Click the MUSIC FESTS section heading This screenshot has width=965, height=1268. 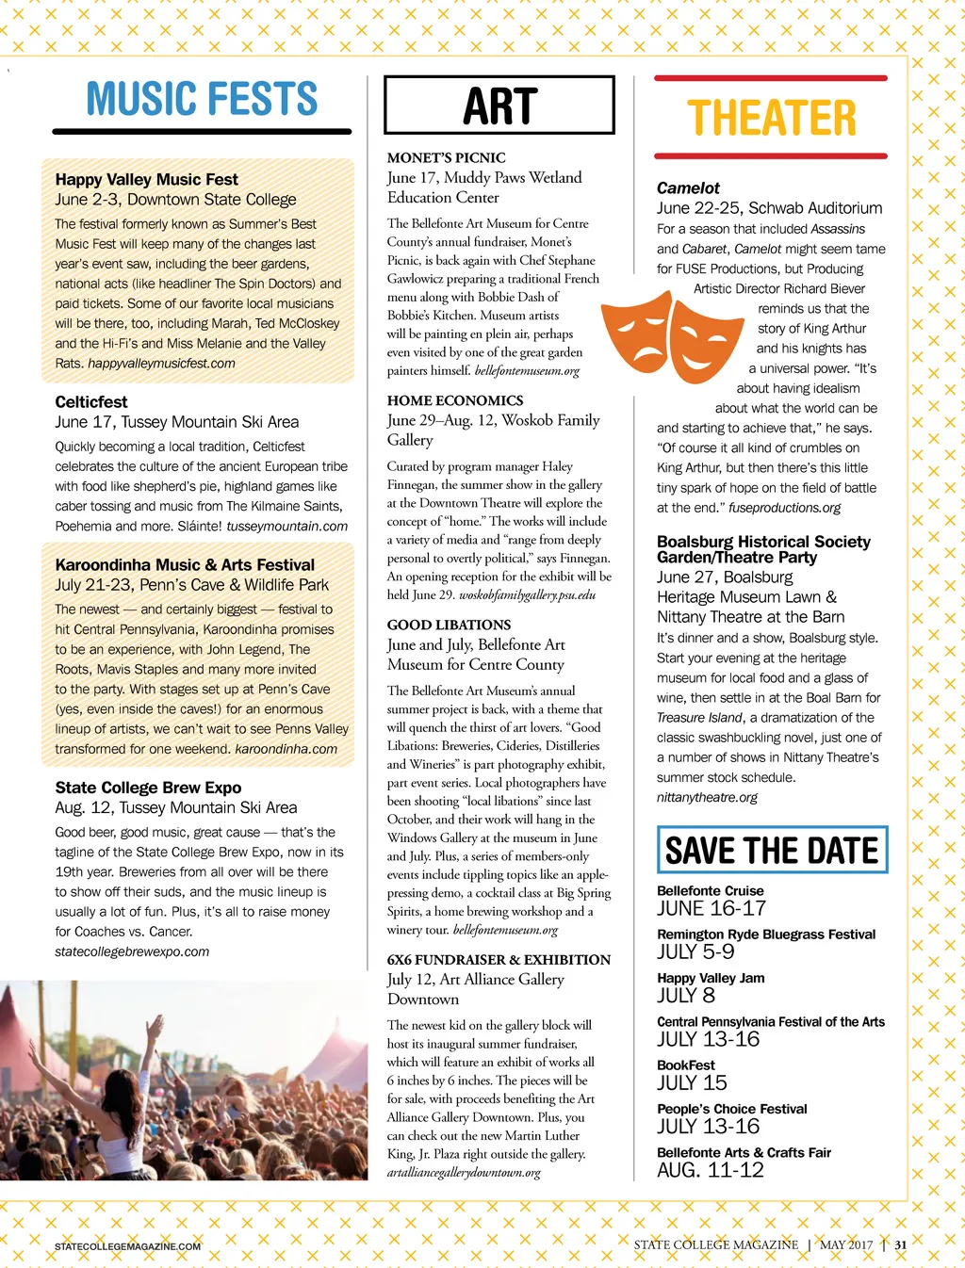coord(202,99)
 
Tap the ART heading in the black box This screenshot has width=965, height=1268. coord(499,106)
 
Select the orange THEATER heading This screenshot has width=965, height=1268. coord(771,119)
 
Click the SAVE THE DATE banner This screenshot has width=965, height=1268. coord(772,850)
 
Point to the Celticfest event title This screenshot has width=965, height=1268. coord(91,401)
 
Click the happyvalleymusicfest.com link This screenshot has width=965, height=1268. coord(161,363)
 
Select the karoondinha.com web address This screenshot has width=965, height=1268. coord(286,749)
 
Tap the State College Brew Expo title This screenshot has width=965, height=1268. coord(148,788)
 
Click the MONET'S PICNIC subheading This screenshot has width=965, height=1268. coord(446,157)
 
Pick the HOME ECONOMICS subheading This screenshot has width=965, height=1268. coord(455,400)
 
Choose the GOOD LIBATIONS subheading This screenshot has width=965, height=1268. coord(449,625)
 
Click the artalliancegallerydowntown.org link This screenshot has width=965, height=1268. coord(464,1173)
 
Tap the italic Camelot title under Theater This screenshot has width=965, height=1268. coord(688,188)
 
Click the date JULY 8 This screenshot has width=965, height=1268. coord(686,996)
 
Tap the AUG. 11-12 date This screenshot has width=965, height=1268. coord(711,1170)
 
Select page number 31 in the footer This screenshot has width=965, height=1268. coord(901,1244)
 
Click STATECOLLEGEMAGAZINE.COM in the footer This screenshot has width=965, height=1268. coord(127,1246)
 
